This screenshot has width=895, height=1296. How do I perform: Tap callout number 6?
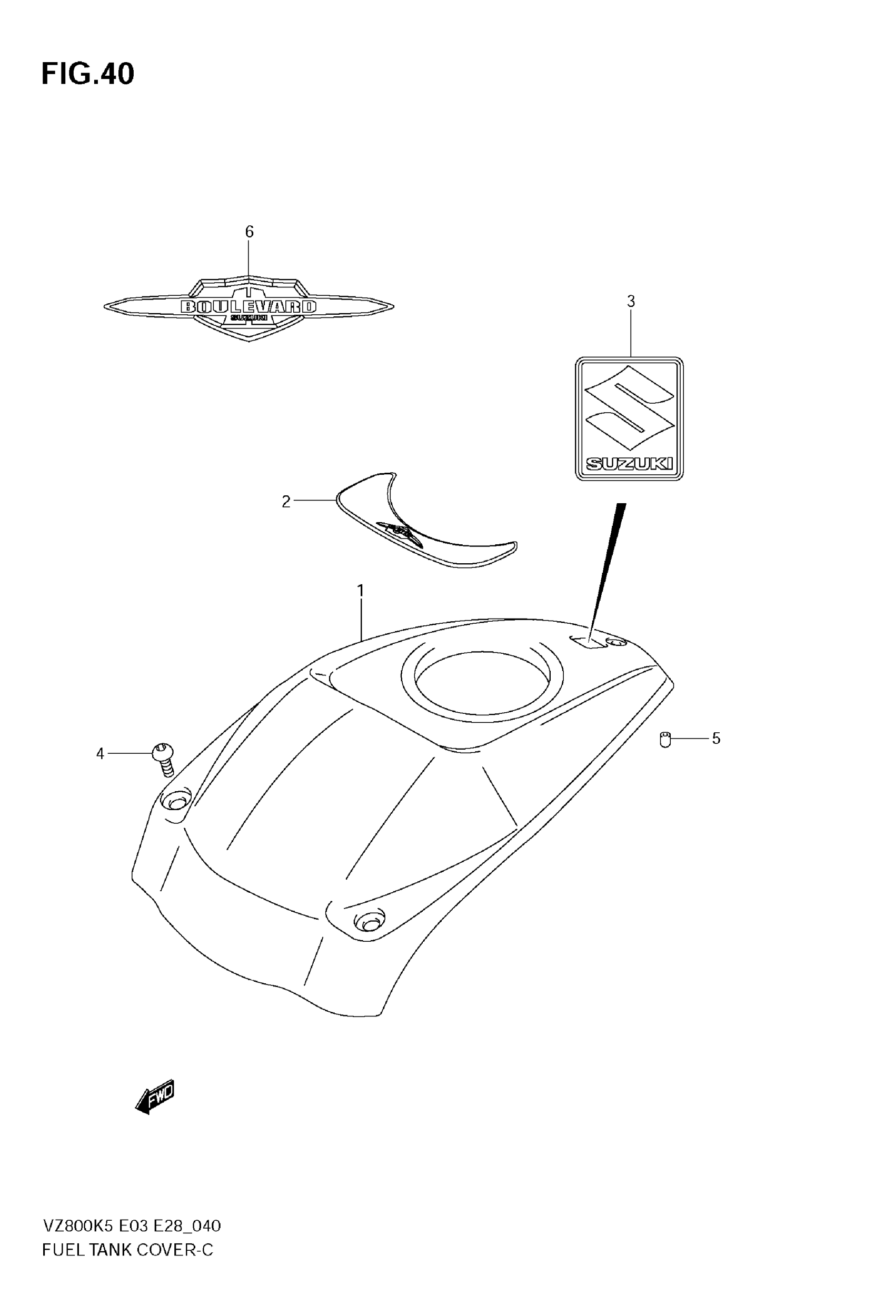pyautogui.click(x=250, y=232)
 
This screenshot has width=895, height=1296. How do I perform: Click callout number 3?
pyautogui.click(x=631, y=302)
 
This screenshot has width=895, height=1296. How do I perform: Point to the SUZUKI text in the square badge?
pyautogui.click(x=629, y=464)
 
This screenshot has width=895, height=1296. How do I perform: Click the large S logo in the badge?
pyautogui.click(x=629, y=406)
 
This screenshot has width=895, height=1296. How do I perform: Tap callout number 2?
pyautogui.click(x=286, y=502)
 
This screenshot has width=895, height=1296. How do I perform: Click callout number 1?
pyautogui.click(x=361, y=591)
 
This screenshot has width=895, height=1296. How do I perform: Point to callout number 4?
pyautogui.click(x=101, y=754)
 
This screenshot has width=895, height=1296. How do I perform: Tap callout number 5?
pyautogui.click(x=716, y=739)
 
